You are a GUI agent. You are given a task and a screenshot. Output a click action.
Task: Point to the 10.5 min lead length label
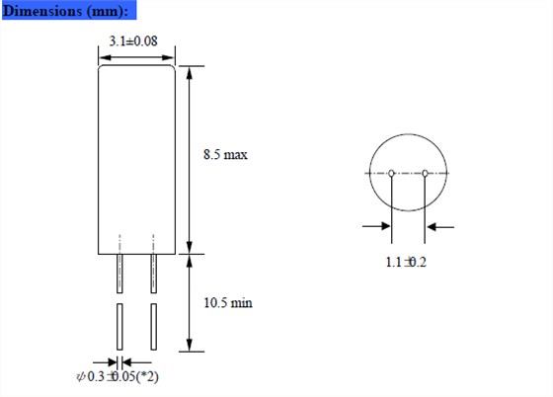tap(227, 302)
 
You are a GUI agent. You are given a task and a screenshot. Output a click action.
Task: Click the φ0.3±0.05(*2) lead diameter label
tap(119, 376)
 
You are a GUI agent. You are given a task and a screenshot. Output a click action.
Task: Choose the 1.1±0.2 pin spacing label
tap(406, 263)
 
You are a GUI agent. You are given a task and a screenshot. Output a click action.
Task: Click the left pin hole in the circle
tap(392, 174)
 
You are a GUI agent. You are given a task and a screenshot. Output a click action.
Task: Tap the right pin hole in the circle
tap(426, 174)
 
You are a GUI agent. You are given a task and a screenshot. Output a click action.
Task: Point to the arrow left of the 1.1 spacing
tap(376, 227)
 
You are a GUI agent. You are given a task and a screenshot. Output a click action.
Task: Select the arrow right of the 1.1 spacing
tap(440, 227)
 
